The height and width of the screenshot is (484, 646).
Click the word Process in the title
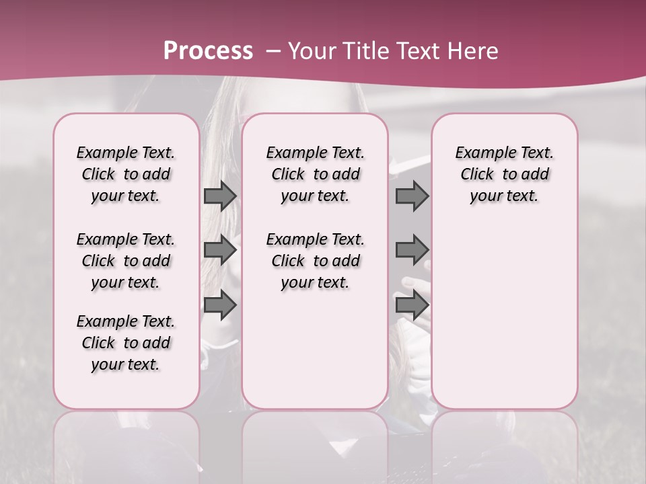(208, 50)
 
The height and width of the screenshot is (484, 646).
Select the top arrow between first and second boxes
(220, 196)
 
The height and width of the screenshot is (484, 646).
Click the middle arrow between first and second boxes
(220, 251)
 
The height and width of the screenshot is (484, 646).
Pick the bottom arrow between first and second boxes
(220, 305)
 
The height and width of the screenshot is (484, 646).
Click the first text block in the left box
(126, 174)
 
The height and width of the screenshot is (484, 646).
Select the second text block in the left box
(126, 261)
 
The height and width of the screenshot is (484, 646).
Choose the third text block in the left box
(126, 343)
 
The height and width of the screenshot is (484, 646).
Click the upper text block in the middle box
(315, 174)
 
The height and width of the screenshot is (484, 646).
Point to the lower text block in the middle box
(315, 261)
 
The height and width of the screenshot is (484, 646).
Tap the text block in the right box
(504, 174)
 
